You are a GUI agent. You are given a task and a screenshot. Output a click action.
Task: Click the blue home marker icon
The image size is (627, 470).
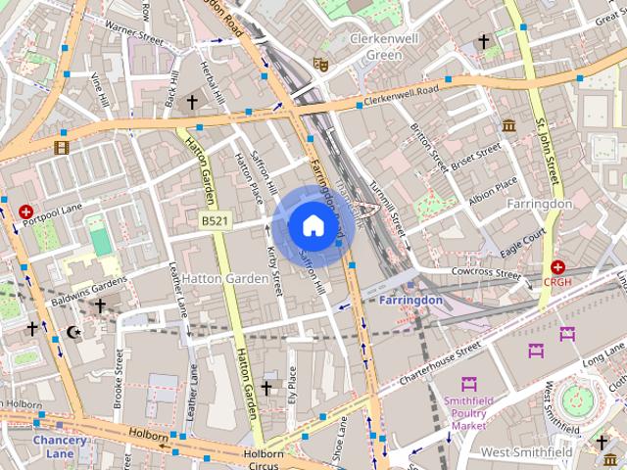tap(312, 226)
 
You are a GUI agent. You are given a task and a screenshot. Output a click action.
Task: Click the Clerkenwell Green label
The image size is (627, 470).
tap(376, 46)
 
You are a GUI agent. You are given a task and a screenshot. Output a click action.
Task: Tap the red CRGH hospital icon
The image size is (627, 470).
tap(557, 266)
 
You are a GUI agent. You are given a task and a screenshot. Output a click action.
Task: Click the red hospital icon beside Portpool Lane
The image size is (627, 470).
tap(25, 211)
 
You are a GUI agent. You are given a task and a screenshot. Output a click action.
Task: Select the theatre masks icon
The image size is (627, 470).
tap(318, 64)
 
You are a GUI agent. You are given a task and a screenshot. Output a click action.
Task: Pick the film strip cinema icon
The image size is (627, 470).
tap(63, 147)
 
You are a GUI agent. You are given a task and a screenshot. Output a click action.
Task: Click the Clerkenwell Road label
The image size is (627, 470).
tap(402, 96)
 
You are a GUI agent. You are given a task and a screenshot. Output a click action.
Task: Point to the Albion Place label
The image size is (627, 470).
tap(494, 188)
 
